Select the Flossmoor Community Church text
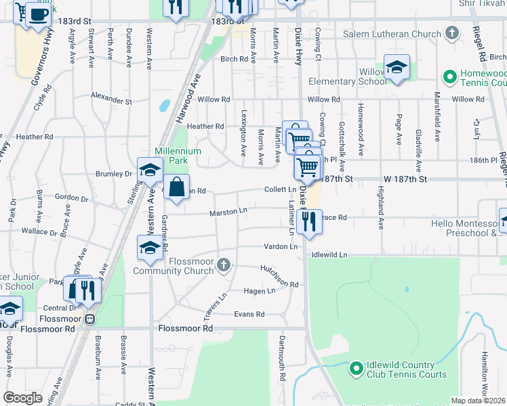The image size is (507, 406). (x=173, y=266)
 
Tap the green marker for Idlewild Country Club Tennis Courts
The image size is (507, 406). (x=357, y=369)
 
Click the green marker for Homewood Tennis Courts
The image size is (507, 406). (x=448, y=76)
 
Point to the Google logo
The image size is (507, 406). (x=22, y=398)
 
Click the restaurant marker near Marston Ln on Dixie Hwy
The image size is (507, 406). (x=308, y=221)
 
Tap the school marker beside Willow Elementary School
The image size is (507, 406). (x=397, y=67)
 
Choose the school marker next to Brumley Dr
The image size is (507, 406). (x=149, y=171)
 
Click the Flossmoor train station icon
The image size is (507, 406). (x=89, y=318)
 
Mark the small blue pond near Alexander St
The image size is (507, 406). (x=164, y=106)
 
